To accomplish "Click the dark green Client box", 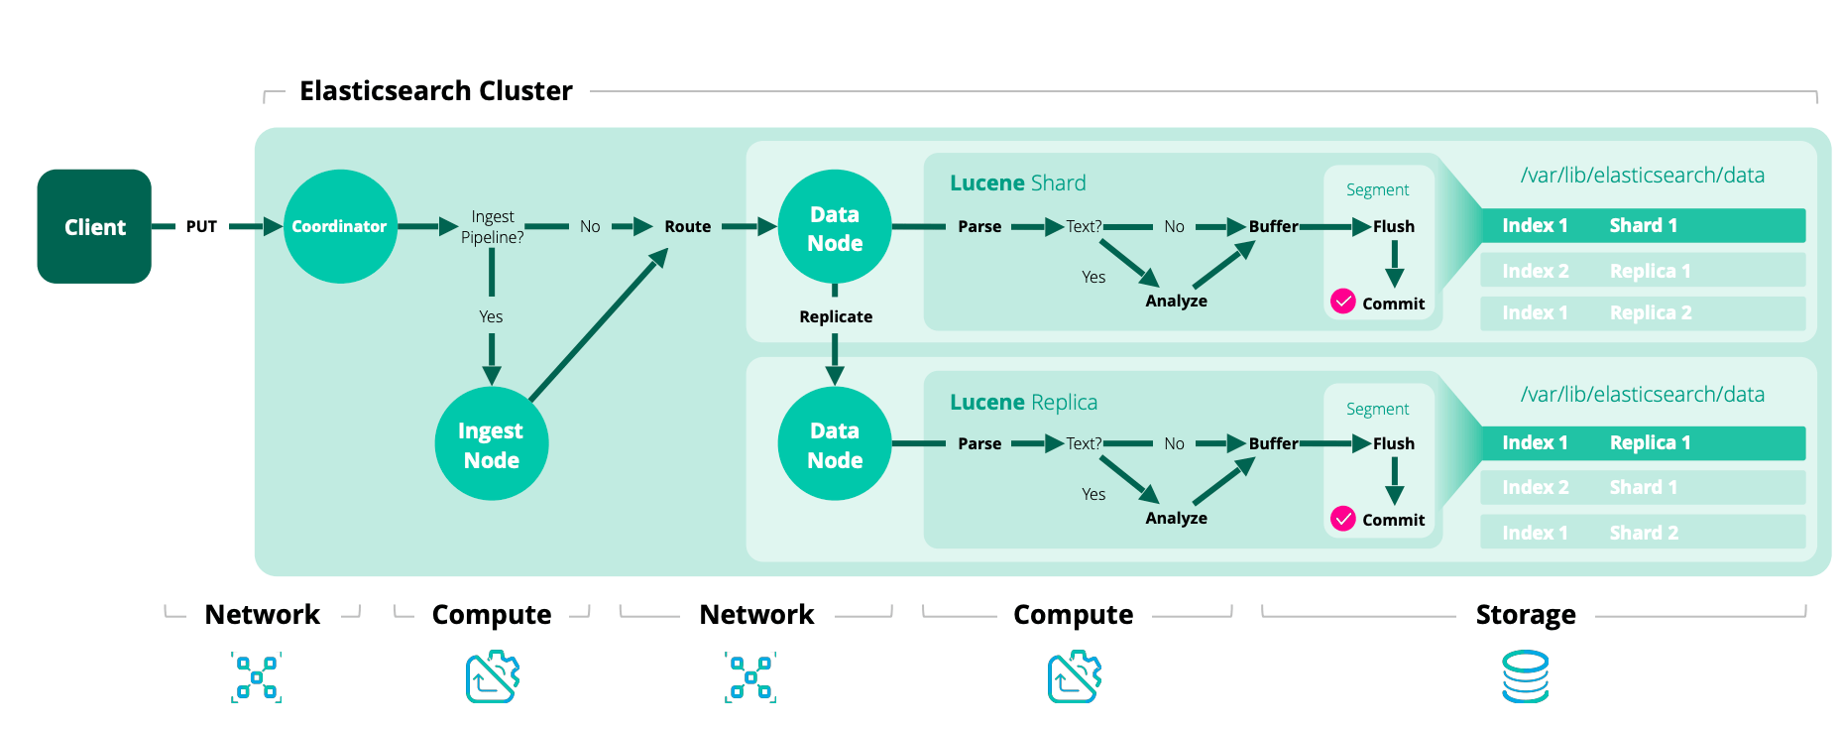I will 94,226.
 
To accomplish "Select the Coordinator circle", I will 340,226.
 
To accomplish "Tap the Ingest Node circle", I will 491,443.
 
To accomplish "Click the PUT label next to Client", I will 201,226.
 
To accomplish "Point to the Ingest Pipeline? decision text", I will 493,226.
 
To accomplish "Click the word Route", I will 687,226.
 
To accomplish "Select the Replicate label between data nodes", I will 836,316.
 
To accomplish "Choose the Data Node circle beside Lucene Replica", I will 835,443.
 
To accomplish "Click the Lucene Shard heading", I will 1017,182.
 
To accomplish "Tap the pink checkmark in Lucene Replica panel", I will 1342,519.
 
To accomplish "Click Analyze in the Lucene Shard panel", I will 1176,301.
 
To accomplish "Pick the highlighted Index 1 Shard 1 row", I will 1642,225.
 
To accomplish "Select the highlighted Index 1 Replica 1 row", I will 1642,442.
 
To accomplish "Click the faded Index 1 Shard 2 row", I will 1642,532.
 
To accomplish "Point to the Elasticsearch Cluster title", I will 435,91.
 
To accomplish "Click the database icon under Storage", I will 1525,676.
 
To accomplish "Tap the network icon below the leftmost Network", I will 256,677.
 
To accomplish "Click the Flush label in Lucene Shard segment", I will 1393,226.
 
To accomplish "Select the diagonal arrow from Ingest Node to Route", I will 598,326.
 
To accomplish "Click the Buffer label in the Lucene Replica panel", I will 1273,443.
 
